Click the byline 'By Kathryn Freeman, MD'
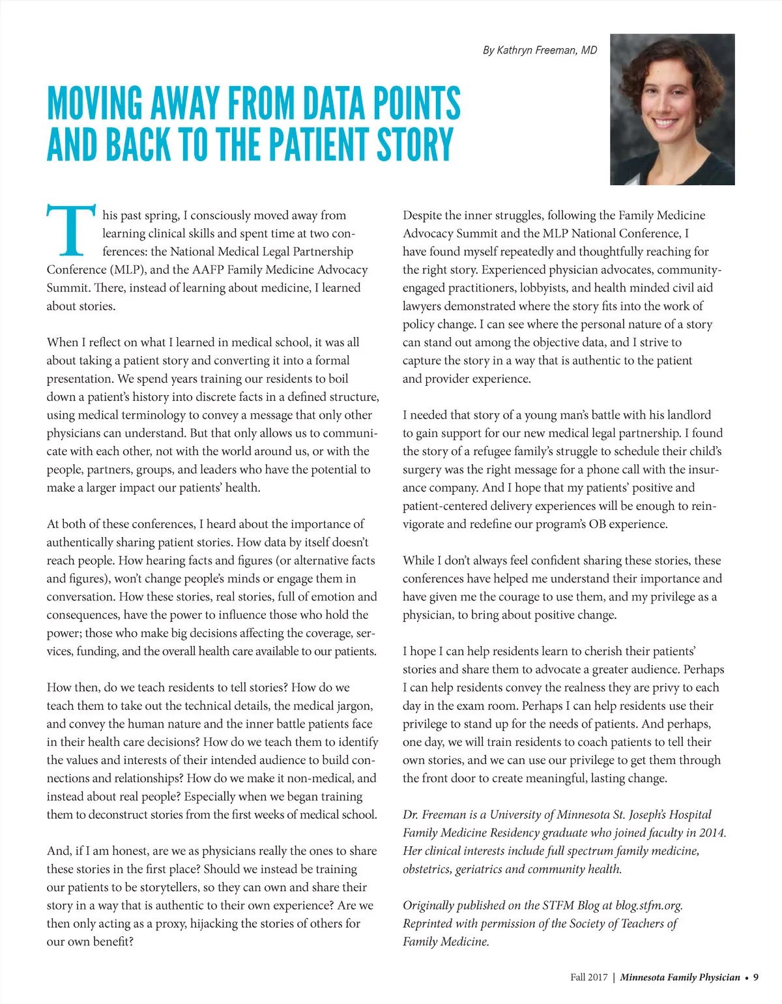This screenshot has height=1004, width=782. (540, 50)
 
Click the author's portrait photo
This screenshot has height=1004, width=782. (672, 109)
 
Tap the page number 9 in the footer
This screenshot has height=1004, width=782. (756, 977)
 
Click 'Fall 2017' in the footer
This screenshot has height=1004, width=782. (588, 977)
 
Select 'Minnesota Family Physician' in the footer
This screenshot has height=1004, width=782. (680, 977)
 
